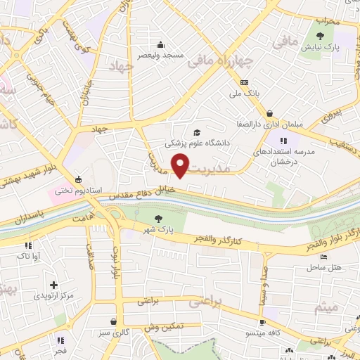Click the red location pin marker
click(x=181, y=167)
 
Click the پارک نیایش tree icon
click(x=321, y=36)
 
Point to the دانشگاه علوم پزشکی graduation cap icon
click(x=197, y=131)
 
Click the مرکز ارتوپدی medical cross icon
click(x=53, y=286)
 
